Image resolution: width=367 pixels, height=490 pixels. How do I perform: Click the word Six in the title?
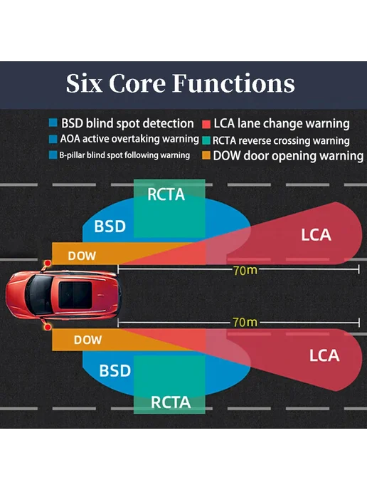click(84, 83)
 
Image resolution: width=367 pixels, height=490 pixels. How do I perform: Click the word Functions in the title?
click(233, 83)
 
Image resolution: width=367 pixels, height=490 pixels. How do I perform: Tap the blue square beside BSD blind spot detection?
click(53, 123)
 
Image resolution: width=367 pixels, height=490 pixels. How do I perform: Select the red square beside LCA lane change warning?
click(206, 124)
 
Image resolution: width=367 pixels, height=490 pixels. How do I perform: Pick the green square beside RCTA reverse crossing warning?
click(206, 140)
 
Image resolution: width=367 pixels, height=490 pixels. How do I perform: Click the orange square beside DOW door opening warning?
click(206, 155)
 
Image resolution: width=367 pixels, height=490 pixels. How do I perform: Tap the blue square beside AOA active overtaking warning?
click(53, 139)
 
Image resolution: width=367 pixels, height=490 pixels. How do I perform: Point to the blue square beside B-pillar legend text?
click(53, 155)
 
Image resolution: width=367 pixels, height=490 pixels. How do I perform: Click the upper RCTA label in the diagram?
click(166, 194)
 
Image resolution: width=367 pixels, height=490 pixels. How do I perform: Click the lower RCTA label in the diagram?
click(171, 402)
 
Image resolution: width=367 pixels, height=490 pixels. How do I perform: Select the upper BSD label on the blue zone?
click(110, 226)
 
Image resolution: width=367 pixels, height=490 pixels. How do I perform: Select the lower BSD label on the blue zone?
click(115, 370)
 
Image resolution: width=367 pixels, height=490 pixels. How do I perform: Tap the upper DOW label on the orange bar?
click(82, 256)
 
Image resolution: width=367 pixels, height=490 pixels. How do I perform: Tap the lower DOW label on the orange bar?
click(87, 340)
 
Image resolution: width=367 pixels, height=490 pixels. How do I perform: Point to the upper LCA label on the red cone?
click(316, 235)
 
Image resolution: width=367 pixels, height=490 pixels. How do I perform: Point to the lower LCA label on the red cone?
click(324, 355)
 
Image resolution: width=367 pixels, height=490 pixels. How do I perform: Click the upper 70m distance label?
click(245, 271)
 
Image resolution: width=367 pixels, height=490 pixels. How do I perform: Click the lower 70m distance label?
click(245, 322)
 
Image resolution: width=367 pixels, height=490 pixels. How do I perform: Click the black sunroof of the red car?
click(75, 296)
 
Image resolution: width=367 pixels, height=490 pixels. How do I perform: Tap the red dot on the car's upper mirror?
click(48, 264)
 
